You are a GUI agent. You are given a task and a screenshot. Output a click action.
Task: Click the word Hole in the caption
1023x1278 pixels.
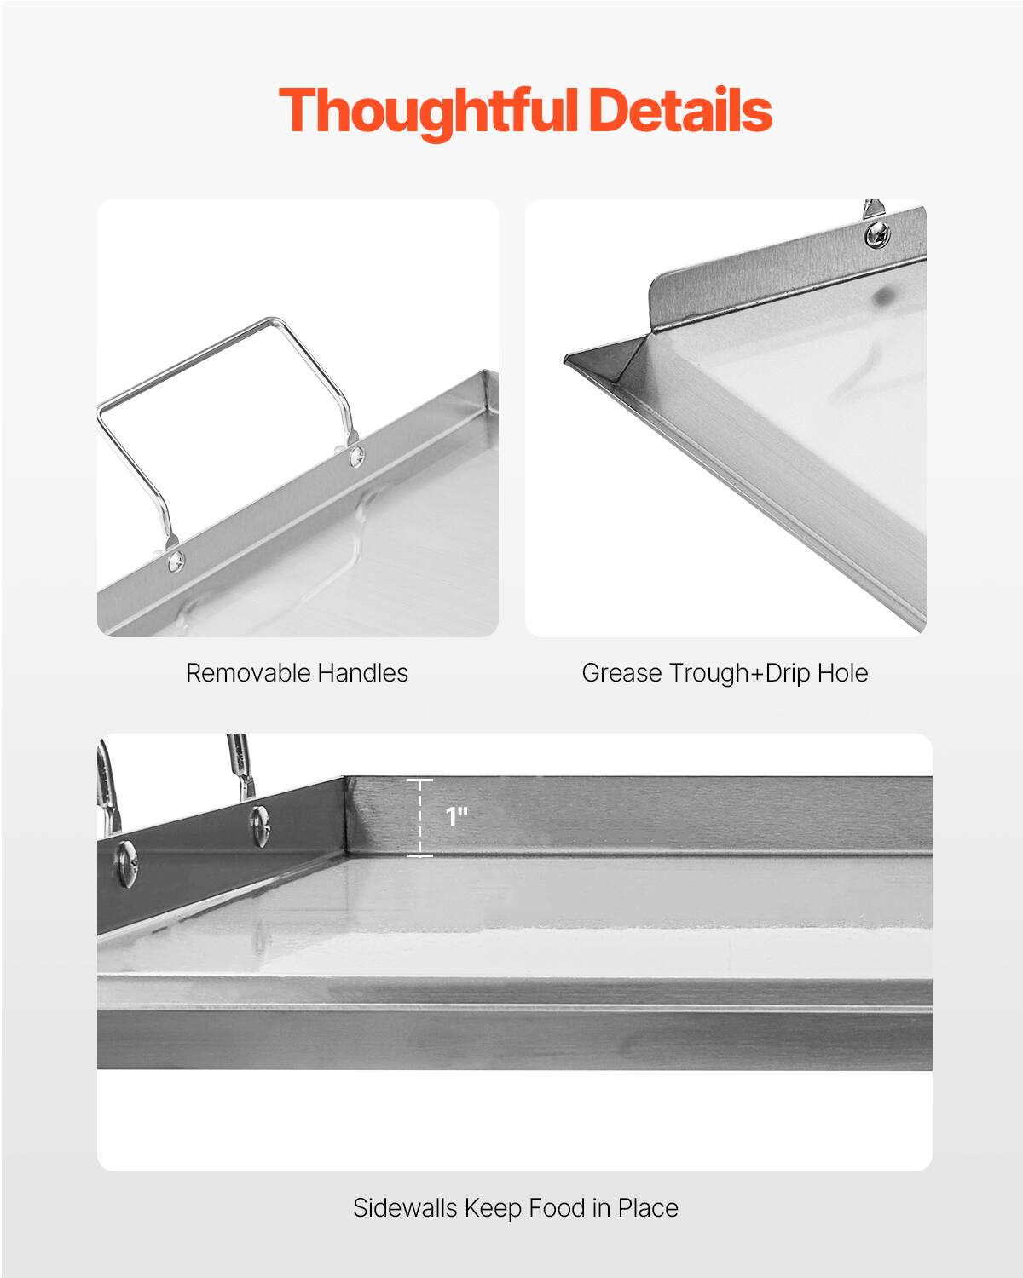point(841,673)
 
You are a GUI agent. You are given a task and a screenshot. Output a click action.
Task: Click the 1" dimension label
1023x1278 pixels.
point(457,816)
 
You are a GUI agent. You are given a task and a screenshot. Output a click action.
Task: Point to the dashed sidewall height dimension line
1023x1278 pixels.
point(419,817)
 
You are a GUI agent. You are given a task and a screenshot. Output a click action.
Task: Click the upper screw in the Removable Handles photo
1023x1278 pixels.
point(356,456)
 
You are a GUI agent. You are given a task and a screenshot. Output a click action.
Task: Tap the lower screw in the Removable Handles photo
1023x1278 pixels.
point(176,560)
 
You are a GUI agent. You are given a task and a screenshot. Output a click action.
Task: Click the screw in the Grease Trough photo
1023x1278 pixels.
point(876,233)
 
